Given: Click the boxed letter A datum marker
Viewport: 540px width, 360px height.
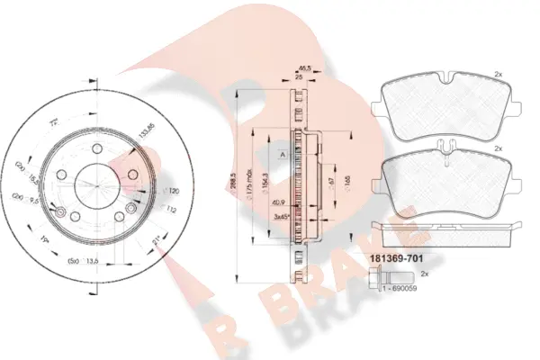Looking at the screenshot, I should [282, 155].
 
